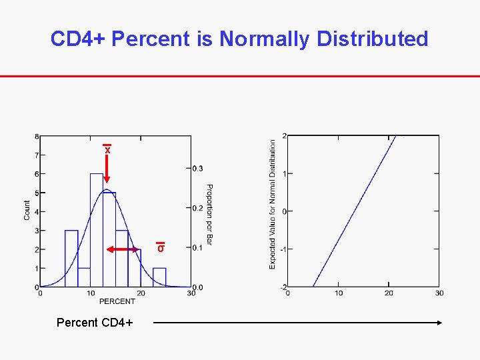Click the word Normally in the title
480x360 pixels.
(265, 39)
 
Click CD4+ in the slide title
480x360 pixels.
(79, 39)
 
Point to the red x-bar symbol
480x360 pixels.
(107, 149)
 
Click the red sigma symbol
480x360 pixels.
(161, 247)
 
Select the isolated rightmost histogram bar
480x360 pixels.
(159, 277)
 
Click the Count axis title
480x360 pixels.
(27, 210)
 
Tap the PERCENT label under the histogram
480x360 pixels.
(117, 301)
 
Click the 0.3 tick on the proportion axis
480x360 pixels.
(199, 168)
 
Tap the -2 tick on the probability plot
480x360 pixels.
(283, 287)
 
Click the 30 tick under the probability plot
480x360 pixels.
(439, 293)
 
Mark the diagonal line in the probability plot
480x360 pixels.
(355, 211)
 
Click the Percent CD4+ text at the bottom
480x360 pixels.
(95, 323)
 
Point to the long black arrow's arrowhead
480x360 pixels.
(439, 323)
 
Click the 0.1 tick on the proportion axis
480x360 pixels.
(199, 248)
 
